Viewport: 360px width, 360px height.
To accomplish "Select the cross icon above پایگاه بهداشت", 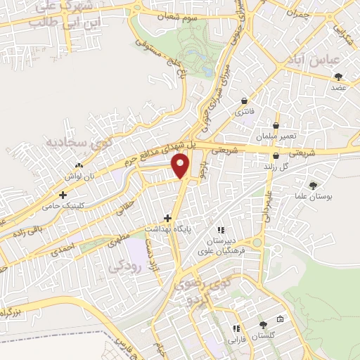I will point(167,218).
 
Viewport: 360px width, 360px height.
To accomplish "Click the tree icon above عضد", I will point(340,77).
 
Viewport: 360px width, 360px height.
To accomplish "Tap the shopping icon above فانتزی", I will point(243,101).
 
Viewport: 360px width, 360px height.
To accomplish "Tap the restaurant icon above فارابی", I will point(236,328).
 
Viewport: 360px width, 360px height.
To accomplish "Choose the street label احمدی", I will point(63,247).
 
